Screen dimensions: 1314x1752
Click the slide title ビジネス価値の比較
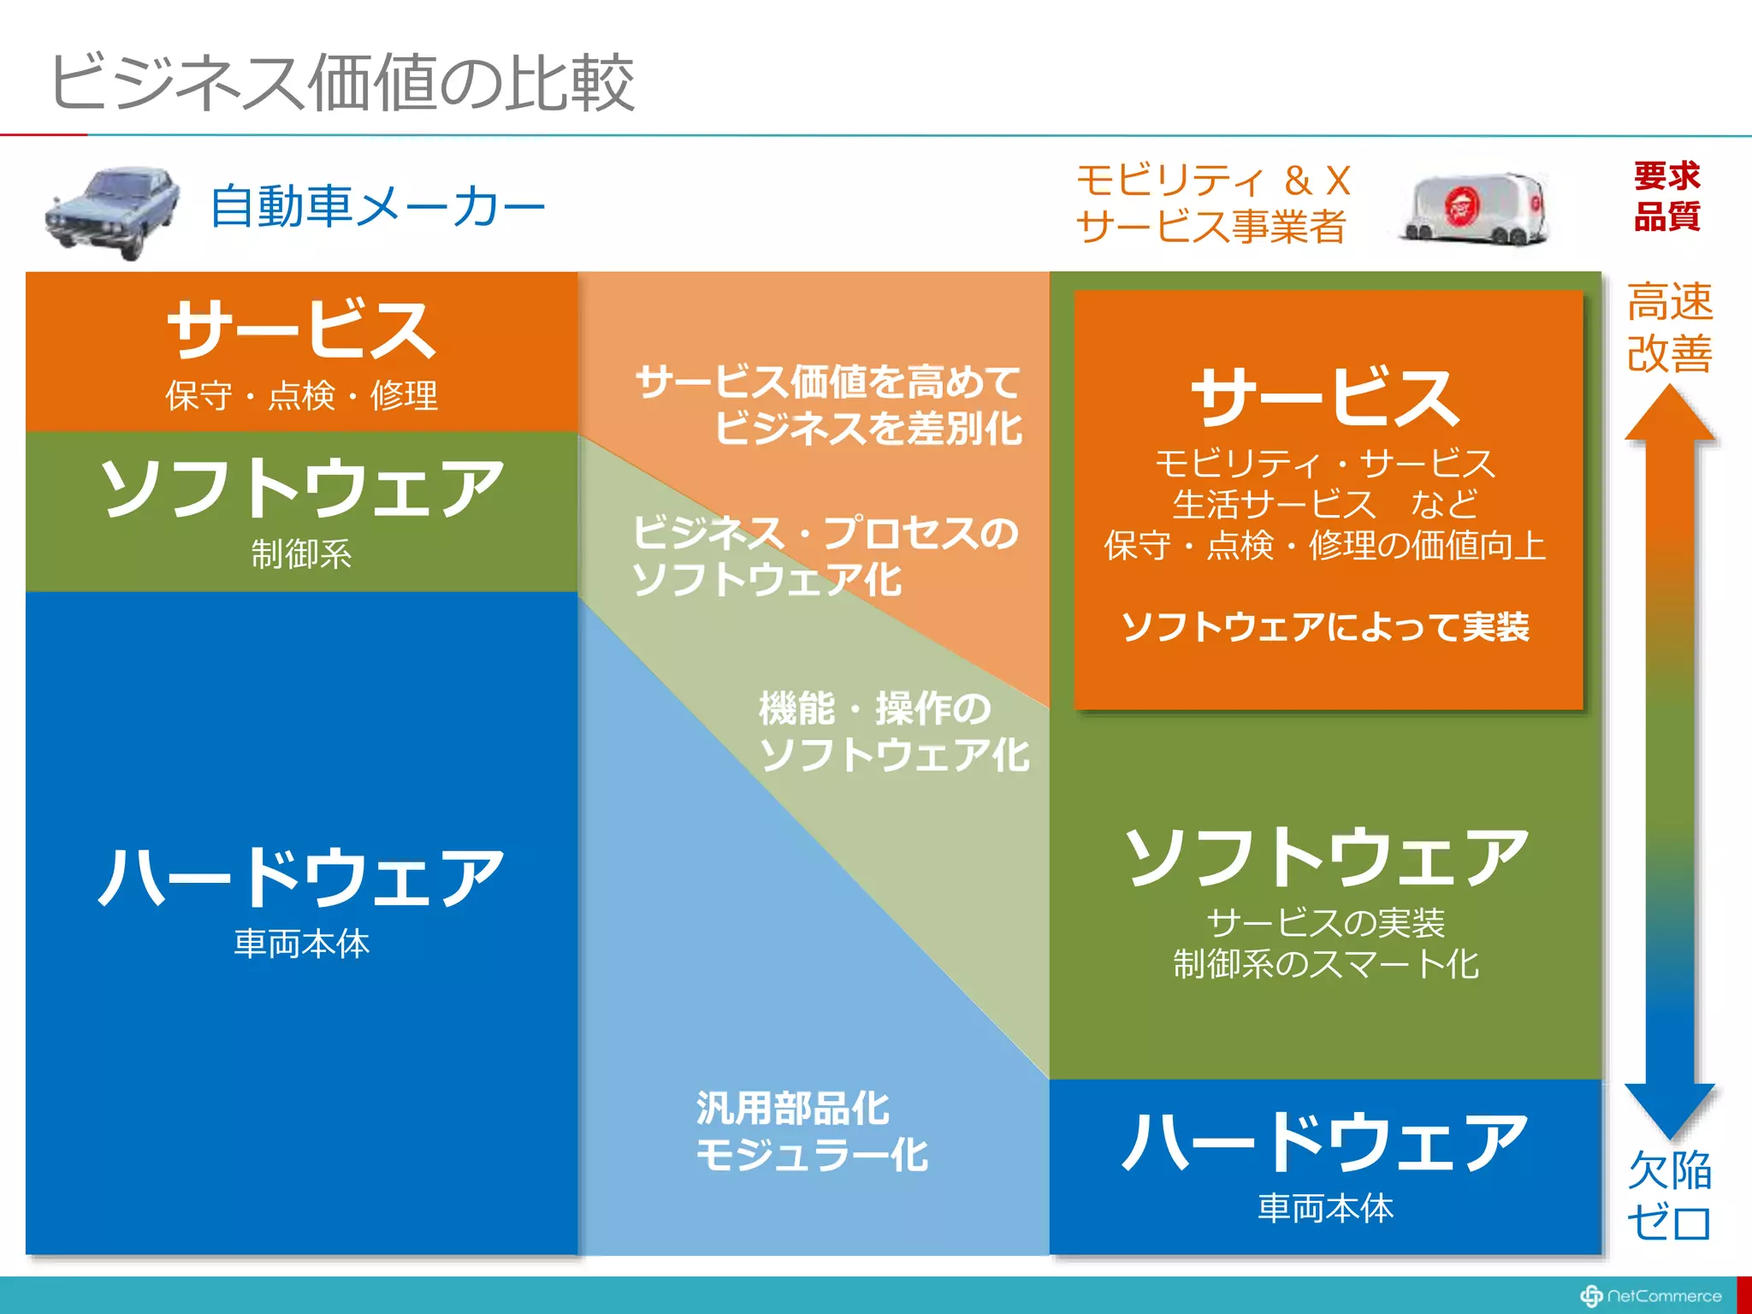pyautogui.click(x=342, y=82)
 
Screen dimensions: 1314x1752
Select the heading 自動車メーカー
pyautogui.click(x=376, y=207)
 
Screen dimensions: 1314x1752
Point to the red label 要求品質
pyautogui.click(x=1666, y=196)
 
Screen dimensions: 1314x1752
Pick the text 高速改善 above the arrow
pyautogui.click(x=1669, y=328)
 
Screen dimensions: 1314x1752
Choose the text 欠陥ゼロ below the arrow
pyautogui.click(x=1669, y=1196)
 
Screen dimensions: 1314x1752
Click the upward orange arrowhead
pyautogui.click(x=1669, y=415)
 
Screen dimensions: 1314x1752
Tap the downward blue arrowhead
pyautogui.click(x=1669, y=1109)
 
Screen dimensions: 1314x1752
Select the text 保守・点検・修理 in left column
pyautogui.click(x=301, y=396)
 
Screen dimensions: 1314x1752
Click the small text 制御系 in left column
pyautogui.click(x=301, y=553)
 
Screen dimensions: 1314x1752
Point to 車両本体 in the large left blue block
pyautogui.click(x=301, y=944)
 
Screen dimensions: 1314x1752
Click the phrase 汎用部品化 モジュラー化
pyautogui.click(x=811, y=1131)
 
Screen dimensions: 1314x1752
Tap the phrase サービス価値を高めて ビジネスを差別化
pyautogui.click(x=828, y=405)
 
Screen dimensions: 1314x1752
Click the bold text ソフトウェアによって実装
pyautogui.click(x=1325, y=627)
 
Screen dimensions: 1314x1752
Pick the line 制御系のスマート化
pyautogui.click(x=1325, y=964)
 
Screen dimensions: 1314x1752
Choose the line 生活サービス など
pyautogui.click(x=1325, y=504)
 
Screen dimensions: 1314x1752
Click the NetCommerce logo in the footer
pyautogui.click(x=1650, y=1296)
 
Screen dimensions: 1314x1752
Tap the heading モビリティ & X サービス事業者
pyautogui.click(x=1212, y=204)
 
